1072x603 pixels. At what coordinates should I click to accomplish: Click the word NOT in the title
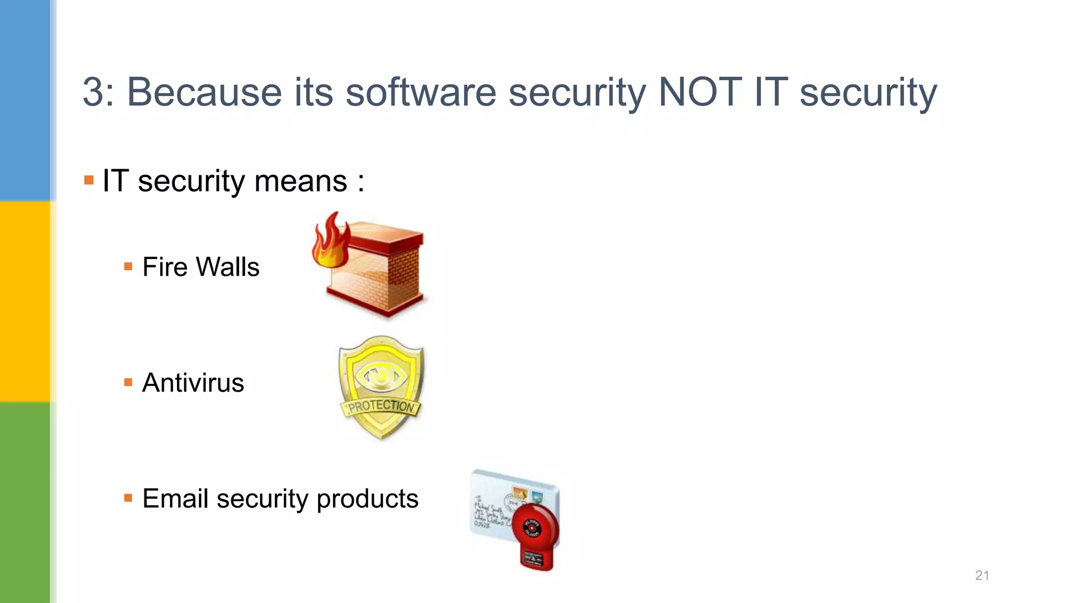(x=700, y=92)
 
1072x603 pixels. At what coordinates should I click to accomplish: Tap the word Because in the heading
(x=204, y=92)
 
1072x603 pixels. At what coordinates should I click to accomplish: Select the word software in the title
(x=421, y=92)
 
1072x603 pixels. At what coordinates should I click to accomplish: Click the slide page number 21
(x=982, y=575)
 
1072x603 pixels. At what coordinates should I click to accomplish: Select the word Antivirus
(x=193, y=383)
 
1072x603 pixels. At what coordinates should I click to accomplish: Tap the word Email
(x=175, y=498)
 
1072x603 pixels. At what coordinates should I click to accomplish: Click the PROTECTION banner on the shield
(x=381, y=406)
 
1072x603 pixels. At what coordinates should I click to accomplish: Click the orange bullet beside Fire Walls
(x=128, y=267)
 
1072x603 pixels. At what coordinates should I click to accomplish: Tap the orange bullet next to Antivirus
(x=128, y=383)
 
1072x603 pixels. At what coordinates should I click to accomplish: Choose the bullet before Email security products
(x=128, y=498)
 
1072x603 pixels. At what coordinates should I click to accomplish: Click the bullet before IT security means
(x=89, y=181)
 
